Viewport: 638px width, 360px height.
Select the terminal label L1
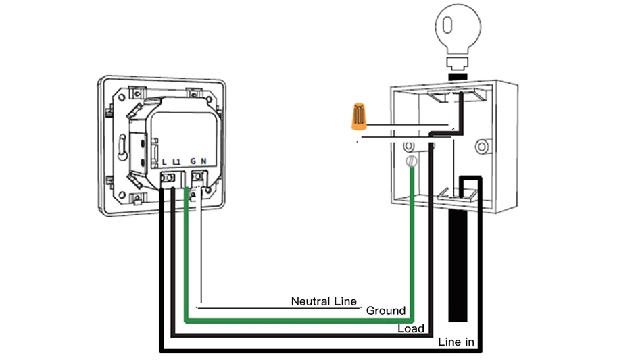click(176, 161)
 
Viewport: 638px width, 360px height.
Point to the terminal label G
click(193, 161)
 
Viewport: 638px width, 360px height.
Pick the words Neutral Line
click(323, 301)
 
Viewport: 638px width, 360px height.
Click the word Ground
click(386, 311)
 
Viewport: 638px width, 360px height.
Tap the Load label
click(410, 329)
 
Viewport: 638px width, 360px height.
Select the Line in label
click(456, 342)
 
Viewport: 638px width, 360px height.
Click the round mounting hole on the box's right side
click(482, 146)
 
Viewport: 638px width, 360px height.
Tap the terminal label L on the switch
click(166, 161)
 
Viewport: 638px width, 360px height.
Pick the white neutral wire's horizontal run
click(277, 308)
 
